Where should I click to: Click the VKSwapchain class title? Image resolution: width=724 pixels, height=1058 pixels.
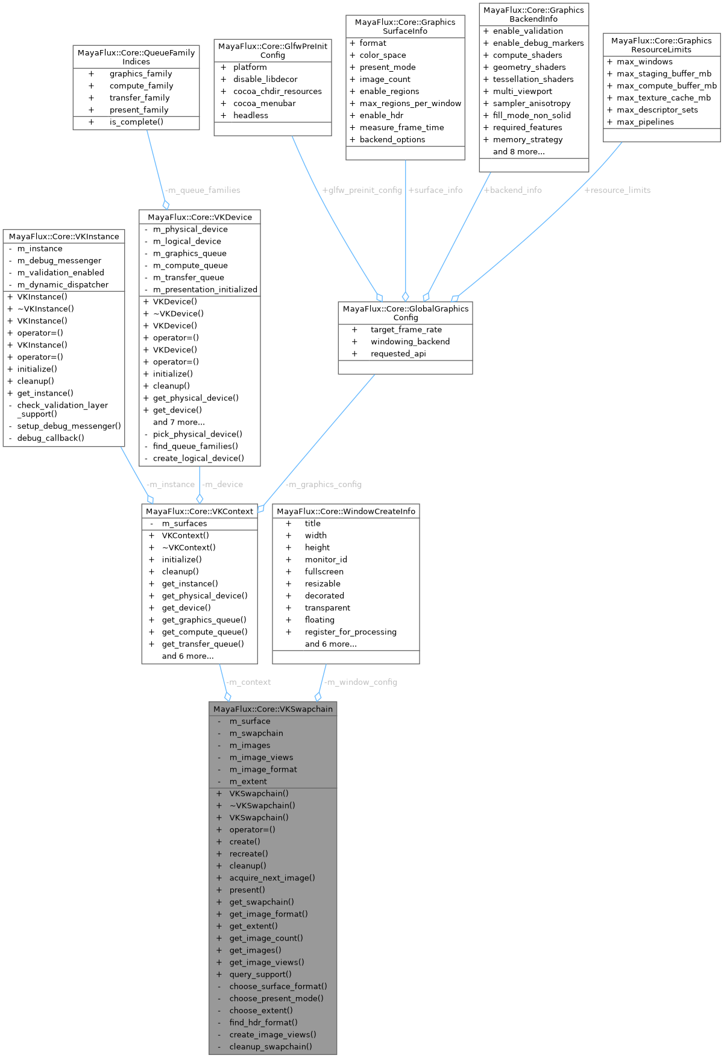point(273,709)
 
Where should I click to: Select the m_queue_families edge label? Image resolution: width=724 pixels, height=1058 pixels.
point(203,190)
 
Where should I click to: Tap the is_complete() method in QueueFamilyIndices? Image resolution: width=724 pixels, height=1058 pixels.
point(136,122)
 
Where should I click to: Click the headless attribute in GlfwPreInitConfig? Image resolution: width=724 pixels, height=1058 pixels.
point(250,115)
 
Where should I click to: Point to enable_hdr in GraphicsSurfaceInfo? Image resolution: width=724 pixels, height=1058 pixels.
point(381,115)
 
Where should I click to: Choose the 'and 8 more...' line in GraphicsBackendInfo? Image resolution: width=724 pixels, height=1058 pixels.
point(518,151)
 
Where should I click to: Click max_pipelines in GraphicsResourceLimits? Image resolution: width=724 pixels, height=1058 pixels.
point(645,122)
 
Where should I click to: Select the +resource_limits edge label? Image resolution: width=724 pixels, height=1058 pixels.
point(617,190)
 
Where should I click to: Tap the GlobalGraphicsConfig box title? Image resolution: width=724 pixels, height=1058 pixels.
point(405,313)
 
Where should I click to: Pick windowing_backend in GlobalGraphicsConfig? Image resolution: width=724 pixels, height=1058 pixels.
point(410,341)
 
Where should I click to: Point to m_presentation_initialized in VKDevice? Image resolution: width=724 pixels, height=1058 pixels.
point(205,289)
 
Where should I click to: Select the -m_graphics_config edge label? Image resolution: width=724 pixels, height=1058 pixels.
point(324,484)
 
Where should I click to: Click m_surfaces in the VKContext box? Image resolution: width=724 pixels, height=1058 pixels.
point(184,523)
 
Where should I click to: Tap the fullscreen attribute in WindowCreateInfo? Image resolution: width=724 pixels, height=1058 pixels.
point(324,572)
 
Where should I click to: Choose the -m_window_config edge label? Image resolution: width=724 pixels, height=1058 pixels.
point(361,682)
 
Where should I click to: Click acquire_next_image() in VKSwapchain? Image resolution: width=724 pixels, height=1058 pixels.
point(272,878)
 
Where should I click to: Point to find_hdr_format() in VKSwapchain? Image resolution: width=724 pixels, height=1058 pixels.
point(263,1022)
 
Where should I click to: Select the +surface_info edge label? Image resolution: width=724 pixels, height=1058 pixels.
point(436,190)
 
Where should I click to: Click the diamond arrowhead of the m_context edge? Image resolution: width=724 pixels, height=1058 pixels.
point(227,696)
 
